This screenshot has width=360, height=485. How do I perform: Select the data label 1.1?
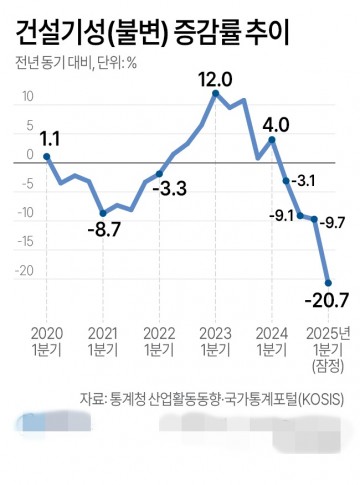click(x=46, y=139)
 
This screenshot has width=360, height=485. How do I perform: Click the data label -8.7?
click(x=103, y=230)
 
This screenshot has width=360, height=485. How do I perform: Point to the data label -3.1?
click(x=305, y=182)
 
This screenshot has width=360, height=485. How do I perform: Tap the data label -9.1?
click(x=282, y=215)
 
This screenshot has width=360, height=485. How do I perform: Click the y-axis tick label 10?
click(x=27, y=98)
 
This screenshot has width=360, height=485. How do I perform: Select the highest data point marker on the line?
click(x=215, y=94)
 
